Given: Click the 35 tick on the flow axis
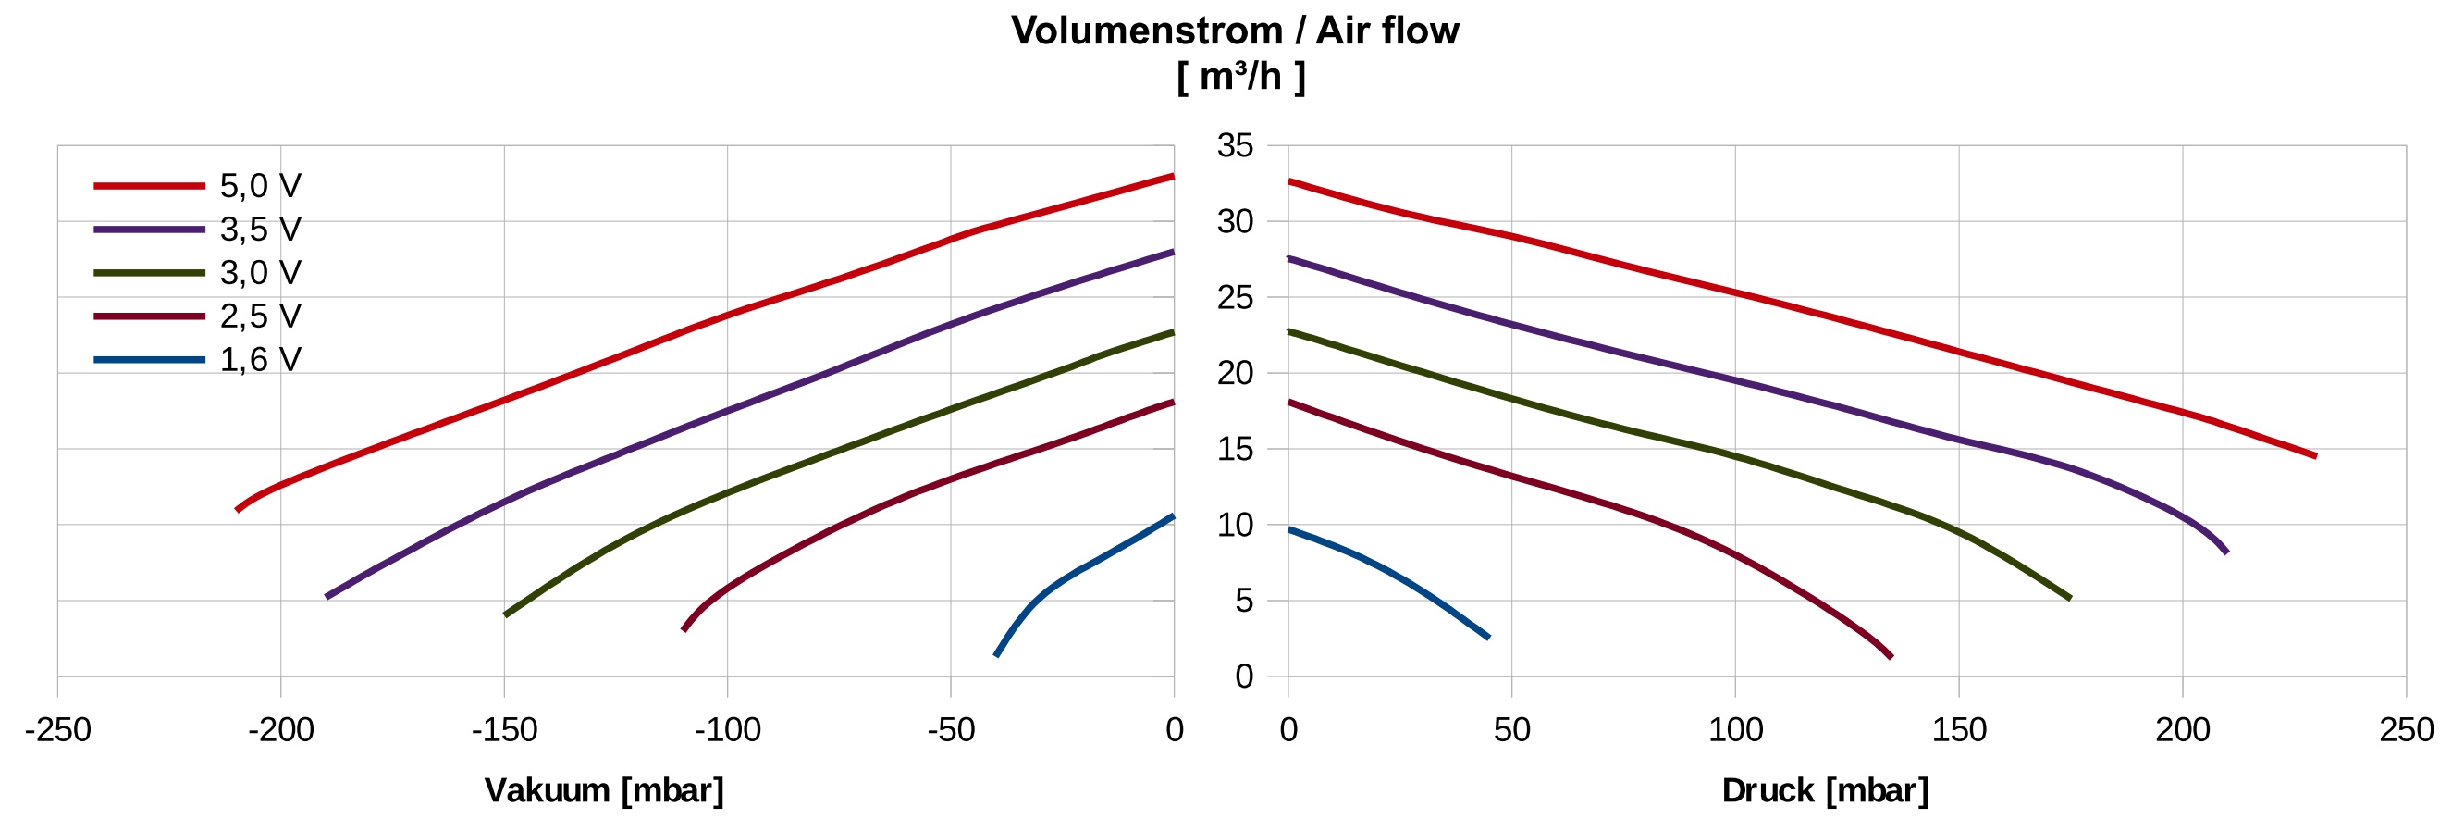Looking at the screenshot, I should point(1235,146).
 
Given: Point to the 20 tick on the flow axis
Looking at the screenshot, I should point(1235,373).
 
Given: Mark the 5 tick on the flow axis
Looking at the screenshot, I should point(1243,601).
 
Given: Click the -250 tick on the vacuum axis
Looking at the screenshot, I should point(57,730).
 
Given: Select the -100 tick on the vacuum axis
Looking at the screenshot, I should point(727,730).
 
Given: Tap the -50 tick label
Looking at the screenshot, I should point(951,730).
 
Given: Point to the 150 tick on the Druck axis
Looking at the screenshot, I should point(1959,730).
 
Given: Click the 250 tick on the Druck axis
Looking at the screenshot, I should point(2406,730).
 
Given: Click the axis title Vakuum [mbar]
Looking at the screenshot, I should point(604,790).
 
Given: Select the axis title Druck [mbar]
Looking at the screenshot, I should point(1825,790).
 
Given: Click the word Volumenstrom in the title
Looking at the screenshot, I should point(1146,31).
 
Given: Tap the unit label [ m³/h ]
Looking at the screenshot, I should point(1240,76).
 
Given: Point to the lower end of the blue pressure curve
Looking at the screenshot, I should point(1489,637).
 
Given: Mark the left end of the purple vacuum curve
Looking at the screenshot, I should point(327,597).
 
